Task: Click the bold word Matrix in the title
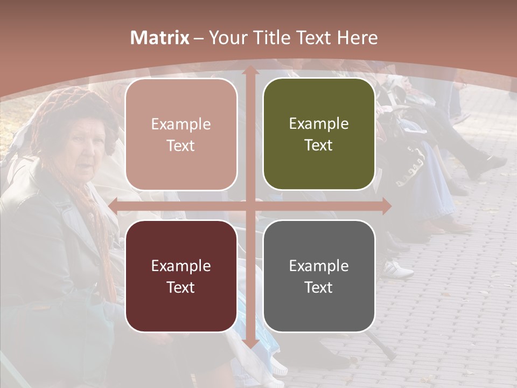click(x=160, y=38)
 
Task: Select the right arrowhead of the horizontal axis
click(x=386, y=206)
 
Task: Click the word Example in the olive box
click(x=319, y=124)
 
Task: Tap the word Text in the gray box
click(x=319, y=287)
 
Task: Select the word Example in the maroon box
click(x=181, y=266)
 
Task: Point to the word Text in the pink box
click(x=181, y=146)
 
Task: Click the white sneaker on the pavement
click(x=399, y=268)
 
